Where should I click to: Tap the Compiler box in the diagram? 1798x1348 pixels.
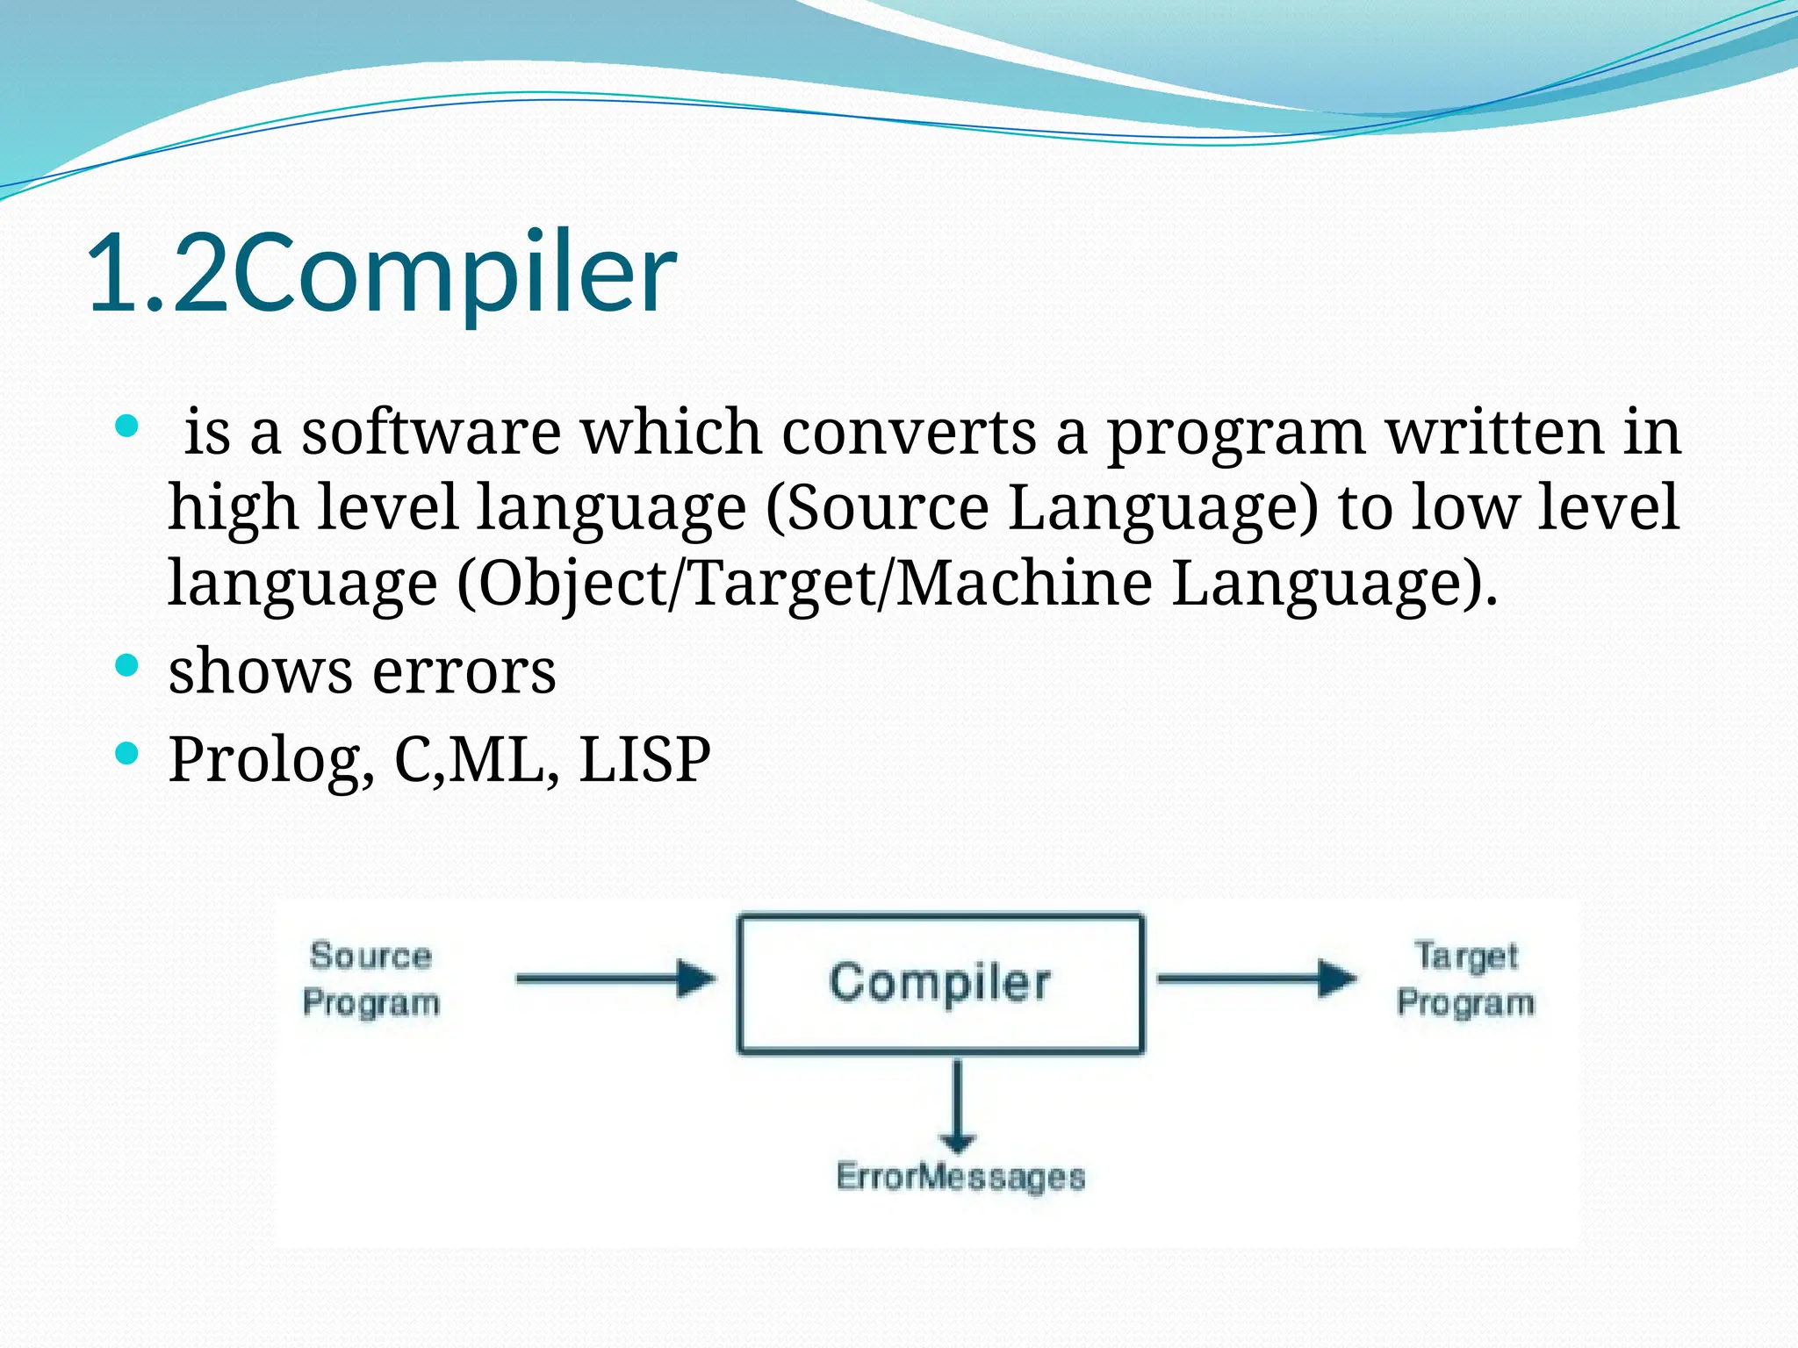(x=940, y=983)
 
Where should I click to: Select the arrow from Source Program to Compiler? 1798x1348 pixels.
(x=615, y=979)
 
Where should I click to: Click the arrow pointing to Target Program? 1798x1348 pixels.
(x=1256, y=979)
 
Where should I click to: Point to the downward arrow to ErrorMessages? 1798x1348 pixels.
(x=957, y=1106)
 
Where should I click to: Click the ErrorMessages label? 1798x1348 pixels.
(x=960, y=1177)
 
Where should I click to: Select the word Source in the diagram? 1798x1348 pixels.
(x=370, y=956)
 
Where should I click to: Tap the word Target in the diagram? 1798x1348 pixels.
(x=1465, y=956)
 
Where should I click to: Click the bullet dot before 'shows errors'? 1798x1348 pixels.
(x=127, y=665)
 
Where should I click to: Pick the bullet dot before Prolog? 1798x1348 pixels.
(x=127, y=753)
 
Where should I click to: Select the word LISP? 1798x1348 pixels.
(x=644, y=760)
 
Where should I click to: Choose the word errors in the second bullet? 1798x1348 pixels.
(x=464, y=672)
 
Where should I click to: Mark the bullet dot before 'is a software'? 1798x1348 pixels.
(x=127, y=427)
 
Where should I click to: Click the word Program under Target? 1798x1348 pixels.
(x=1465, y=1002)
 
